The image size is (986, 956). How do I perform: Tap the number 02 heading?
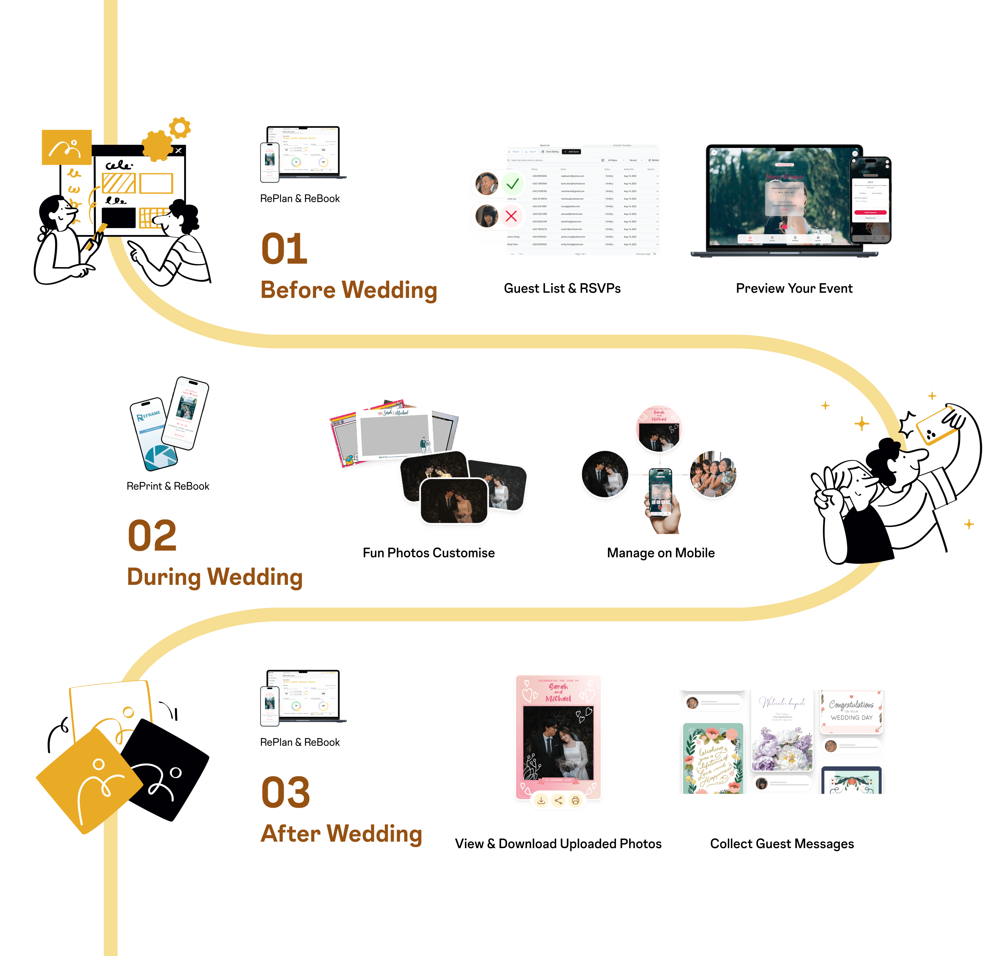(x=152, y=536)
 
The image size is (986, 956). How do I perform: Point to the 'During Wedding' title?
(x=215, y=577)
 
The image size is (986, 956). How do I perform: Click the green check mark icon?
(x=512, y=184)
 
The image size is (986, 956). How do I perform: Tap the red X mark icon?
(x=511, y=216)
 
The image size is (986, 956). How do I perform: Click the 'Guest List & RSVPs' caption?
(x=562, y=288)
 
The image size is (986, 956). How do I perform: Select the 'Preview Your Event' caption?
(x=794, y=288)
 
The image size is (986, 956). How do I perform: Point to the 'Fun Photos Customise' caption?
(x=429, y=553)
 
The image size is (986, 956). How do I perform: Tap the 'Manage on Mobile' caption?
(x=660, y=553)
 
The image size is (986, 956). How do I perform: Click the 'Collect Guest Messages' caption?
(x=782, y=844)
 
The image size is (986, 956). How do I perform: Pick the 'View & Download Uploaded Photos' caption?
(x=558, y=844)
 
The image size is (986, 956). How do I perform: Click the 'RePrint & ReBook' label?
(x=168, y=486)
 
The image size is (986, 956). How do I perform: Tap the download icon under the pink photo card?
(x=541, y=801)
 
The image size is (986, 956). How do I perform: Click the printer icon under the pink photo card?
(x=576, y=801)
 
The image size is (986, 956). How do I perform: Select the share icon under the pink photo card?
(x=558, y=801)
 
